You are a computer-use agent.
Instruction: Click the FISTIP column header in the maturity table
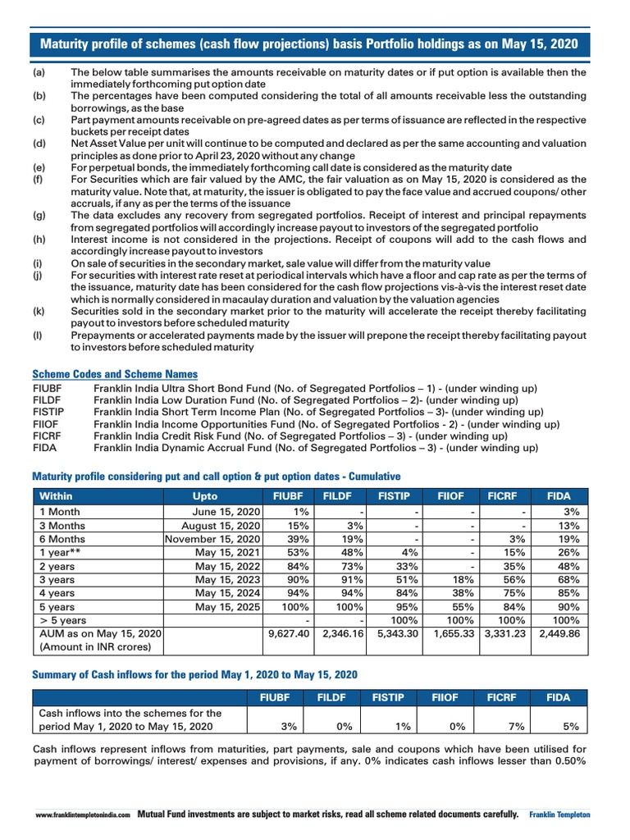(x=394, y=496)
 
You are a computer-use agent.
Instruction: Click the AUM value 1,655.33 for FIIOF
(x=450, y=634)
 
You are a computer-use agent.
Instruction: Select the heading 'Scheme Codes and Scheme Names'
(x=114, y=374)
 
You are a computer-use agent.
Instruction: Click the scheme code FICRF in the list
(x=47, y=436)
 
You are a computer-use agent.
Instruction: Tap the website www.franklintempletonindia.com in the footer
(x=83, y=815)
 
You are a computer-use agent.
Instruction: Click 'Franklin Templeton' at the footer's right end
(x=559, y=815)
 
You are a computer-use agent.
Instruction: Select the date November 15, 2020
(x=213, y=538)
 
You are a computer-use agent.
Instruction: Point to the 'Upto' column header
(x=205, y=496)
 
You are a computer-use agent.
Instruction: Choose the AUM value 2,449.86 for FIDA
(x=562, y=634)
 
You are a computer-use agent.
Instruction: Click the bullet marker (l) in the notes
(x=37, y=336)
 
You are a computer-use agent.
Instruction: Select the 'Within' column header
(x=56, y=496)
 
